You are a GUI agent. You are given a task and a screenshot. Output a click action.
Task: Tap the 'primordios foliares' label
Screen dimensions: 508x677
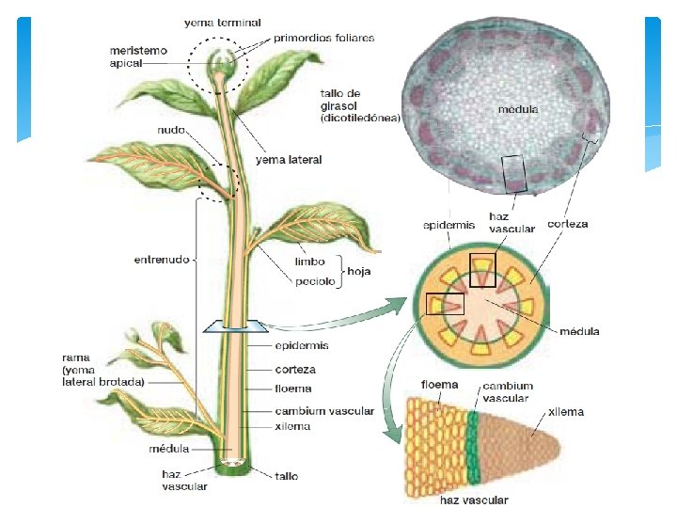[x=324, y=39]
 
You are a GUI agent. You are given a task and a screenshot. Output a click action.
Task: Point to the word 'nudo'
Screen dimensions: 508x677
[x=171, y=131]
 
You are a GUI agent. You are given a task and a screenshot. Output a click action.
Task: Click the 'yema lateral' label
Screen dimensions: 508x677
[x=289, y=160]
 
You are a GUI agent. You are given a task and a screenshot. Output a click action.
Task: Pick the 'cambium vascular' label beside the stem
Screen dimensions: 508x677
[x=324, y=411]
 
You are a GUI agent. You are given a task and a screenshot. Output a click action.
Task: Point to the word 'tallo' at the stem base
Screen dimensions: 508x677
[x=287, y=476]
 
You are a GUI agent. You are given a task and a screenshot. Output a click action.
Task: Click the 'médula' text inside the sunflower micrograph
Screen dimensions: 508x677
[x=517, y=110]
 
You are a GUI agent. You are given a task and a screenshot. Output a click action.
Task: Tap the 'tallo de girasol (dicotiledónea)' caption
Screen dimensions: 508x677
[x=360, y=106]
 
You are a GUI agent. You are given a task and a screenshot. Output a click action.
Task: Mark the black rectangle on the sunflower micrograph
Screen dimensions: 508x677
[x=516, y=174]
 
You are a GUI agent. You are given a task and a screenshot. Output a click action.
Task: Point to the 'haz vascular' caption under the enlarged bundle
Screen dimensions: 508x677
[x=474, y=500]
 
